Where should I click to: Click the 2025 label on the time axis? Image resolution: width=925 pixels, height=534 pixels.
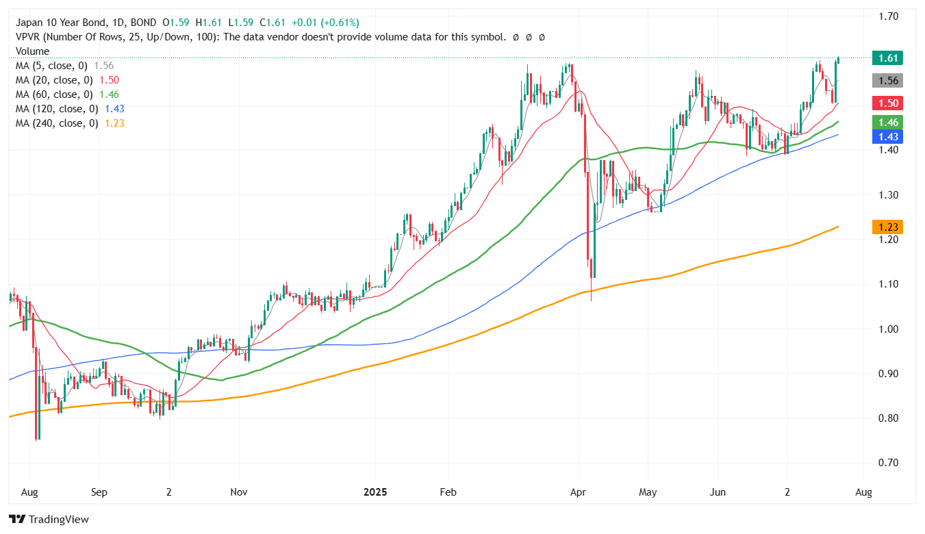tap(375, 492)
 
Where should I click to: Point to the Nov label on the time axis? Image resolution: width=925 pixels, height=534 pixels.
tap(239, 492)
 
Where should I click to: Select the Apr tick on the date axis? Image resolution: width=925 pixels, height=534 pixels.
tap(579, 492)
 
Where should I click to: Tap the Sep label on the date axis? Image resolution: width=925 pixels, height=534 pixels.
tap(99, 492)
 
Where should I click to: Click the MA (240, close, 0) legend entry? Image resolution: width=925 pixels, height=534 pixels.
tap(57, 123)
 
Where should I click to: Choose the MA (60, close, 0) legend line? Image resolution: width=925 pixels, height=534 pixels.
tap(54, 94)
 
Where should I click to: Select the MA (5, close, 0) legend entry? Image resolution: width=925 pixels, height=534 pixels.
tap(51, 66)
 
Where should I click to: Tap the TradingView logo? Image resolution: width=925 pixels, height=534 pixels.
tap(49, 520)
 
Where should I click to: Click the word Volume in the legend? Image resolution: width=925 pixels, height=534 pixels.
tap(32, 51)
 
